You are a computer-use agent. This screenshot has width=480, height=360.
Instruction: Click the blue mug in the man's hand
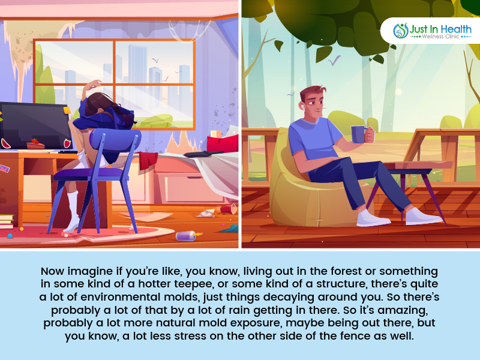tap(358, 134)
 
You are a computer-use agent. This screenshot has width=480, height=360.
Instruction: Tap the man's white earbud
tap(303, 107)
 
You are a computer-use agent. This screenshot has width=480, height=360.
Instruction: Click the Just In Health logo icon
tap(401, 31)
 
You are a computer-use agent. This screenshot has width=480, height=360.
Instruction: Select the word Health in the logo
tap(456, 29)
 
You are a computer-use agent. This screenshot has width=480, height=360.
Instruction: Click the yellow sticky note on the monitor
tap(67, 110)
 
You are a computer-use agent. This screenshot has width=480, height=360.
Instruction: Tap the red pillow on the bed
tap(223, 143)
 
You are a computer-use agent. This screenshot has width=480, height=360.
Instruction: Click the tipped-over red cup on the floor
tap(229, 209)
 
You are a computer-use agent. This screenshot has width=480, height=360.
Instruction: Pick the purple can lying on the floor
tap(186, 236)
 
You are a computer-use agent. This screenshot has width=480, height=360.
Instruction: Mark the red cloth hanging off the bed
tap(148, 160)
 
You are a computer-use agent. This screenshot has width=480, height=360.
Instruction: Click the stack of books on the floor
tap(7, 221)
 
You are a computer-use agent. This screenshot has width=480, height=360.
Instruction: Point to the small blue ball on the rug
tap(10, 236)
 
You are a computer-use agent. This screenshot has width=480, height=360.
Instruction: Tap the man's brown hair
tap(312, 92)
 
